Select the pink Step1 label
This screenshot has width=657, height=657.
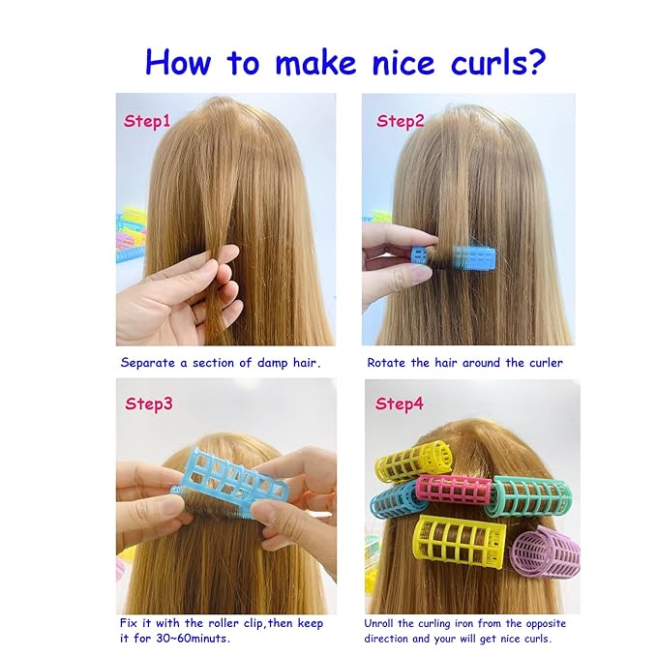click(147, 122)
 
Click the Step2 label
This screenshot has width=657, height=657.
click(401, 121)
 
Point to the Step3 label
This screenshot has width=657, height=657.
click(149, 403)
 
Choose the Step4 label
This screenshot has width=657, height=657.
click(400, 403)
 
